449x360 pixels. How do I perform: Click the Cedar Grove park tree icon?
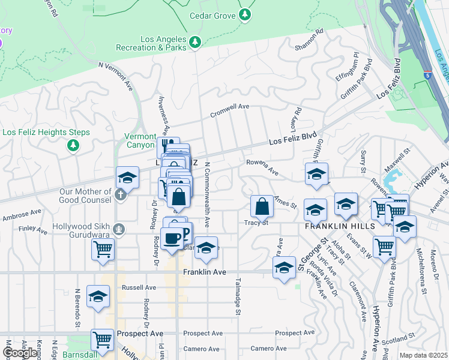tap(245, 14)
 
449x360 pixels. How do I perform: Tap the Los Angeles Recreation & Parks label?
tap(164, 43)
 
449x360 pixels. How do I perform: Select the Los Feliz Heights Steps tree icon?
tap(73, 145)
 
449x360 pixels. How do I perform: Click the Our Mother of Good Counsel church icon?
tap(121, 194)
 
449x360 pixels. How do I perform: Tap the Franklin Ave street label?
tap(205, 272)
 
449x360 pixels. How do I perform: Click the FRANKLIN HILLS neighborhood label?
tap(340, 226)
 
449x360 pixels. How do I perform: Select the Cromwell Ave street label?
tap(229, 106)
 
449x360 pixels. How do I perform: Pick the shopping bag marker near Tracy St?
tap(262, 206)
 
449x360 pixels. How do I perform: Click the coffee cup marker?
tap(172, 238)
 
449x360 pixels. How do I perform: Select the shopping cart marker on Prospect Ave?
tap(103, 340)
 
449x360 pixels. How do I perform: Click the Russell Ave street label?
tap(139, 287)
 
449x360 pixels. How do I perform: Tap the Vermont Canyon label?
tap(139, 140)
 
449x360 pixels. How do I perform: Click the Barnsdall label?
tap(82, 355)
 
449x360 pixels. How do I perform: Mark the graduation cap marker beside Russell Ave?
tap(98, 296)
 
